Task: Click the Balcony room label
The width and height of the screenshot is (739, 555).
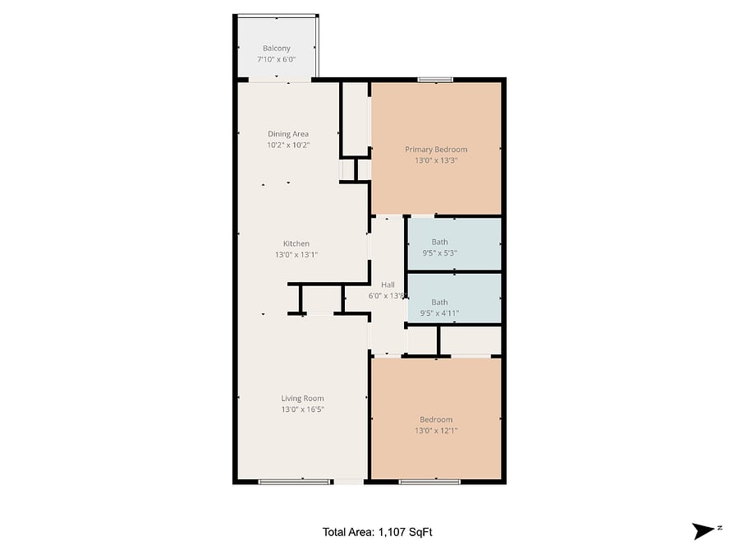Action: pyautogui.click(x=276, y=49)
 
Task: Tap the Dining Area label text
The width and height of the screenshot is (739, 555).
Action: pyautogui.click(x=288, y=134)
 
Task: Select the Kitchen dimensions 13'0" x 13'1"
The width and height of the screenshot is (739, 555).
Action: pyautogui.click(x=296, y=255)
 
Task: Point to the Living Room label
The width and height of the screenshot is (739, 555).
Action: pyautogui.click(x=302, y=398)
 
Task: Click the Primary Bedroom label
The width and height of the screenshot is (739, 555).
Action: pyautogui.click(x=436, y=150)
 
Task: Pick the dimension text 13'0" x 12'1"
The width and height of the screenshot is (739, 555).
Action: pyautogui.click(x=436, y=430)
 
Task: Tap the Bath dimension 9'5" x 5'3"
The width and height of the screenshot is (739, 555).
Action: pyautogui.click(x=439, y=253)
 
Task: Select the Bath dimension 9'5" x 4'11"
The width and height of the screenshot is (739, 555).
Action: pyautogui.click(x=439, y=313)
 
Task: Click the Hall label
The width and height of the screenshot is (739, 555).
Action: pyautogui.click(x=388, y=284)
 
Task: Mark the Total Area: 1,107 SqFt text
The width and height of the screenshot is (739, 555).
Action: pyautogui.click(x=377, y=532)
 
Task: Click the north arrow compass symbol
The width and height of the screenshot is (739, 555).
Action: pyautogui.click(x=704, y=531)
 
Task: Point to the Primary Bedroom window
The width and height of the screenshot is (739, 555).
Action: pyautogui.click(x=435, y=80)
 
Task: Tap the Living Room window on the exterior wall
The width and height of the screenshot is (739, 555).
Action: pyautogui.click(x=294, y=482)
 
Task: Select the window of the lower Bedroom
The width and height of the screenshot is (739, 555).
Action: pyautogui.click(x=429, y=482)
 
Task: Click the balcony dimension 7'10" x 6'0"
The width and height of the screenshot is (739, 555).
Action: pyautogui.click(x=276, y=59)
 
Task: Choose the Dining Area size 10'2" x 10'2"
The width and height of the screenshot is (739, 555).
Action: pyautogui.click(x=288, y=146)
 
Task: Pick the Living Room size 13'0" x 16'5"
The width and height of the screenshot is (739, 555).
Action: pyautogui.click(x=302, y=409)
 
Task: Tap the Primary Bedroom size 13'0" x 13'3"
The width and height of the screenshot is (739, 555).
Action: pyautogui.click(x=436, y=160)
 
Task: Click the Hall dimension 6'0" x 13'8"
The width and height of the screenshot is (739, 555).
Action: pyautogui.click(x=387, y=296)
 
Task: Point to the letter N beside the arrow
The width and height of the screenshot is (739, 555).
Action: pyautogui.click(x=719, y=528)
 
